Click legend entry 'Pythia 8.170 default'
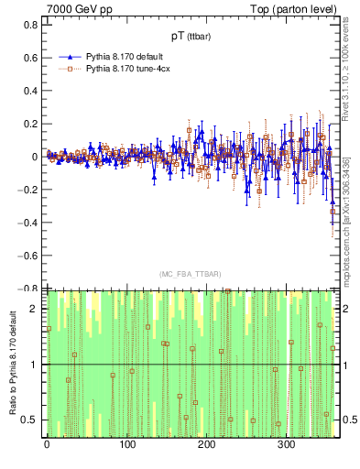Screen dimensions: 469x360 click(125, 56)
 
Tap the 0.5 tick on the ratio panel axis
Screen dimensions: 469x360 click(30, 420)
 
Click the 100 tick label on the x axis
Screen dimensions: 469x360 click(127, 444)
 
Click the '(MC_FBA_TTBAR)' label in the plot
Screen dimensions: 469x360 click(191, 275)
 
